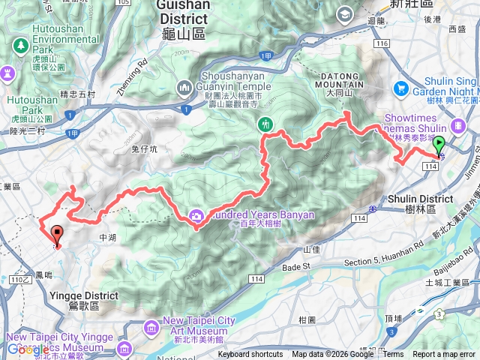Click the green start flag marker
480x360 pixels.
pyautogui.click(x=439, y=145)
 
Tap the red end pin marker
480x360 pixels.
pyautogui.click(x=57, y=235)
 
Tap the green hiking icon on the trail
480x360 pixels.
pyautogui.click(x=264, y=123)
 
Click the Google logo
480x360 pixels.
pyautogui.click(x=28, y=349)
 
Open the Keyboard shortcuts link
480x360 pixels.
pyautogui.click(x=251, y=355)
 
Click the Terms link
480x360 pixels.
pyautogui.click(x=392, y=355)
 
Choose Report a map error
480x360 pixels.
pyautogui.click(x=445, y=355)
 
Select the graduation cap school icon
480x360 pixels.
pyautogui.click(x=345, y=13)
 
